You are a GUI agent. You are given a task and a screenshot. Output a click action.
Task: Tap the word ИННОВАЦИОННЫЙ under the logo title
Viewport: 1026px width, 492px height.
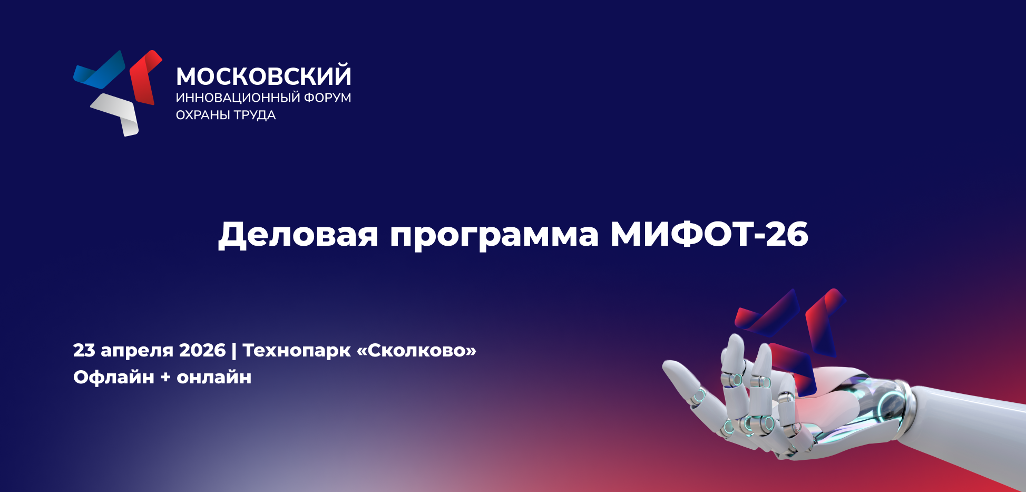(238, 98)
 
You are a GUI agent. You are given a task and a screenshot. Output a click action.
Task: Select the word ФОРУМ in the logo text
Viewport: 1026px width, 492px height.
(328, 98)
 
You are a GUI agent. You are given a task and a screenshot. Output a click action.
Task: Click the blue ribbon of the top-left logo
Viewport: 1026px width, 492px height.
(100, 71)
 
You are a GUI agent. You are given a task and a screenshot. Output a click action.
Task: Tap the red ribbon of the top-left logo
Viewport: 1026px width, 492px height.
(145, 77)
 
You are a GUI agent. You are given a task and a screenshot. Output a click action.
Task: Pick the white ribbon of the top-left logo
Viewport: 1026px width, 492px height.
(117, 113)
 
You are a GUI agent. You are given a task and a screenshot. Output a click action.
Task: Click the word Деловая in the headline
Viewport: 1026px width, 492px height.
(298, 234)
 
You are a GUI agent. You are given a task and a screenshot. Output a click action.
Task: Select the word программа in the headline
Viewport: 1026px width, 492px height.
(494, 236)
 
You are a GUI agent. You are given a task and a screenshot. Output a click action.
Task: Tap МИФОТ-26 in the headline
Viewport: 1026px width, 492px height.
(709, 234)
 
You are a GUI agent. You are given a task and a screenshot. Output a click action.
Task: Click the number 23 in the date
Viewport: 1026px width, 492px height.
(84, 350)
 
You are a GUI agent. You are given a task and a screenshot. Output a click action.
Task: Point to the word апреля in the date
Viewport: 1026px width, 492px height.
(137, 351)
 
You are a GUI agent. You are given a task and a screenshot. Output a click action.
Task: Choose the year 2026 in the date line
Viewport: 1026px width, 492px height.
(202, 350)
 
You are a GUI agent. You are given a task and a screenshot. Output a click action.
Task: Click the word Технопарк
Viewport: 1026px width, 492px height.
(297, 351)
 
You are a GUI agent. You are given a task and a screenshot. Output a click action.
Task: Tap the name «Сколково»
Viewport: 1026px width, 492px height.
(417, 350)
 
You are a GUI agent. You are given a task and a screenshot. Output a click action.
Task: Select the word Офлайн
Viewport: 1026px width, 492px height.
(114, 377)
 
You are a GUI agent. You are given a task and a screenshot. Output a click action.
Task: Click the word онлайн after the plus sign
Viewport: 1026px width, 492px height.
(214, 378)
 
